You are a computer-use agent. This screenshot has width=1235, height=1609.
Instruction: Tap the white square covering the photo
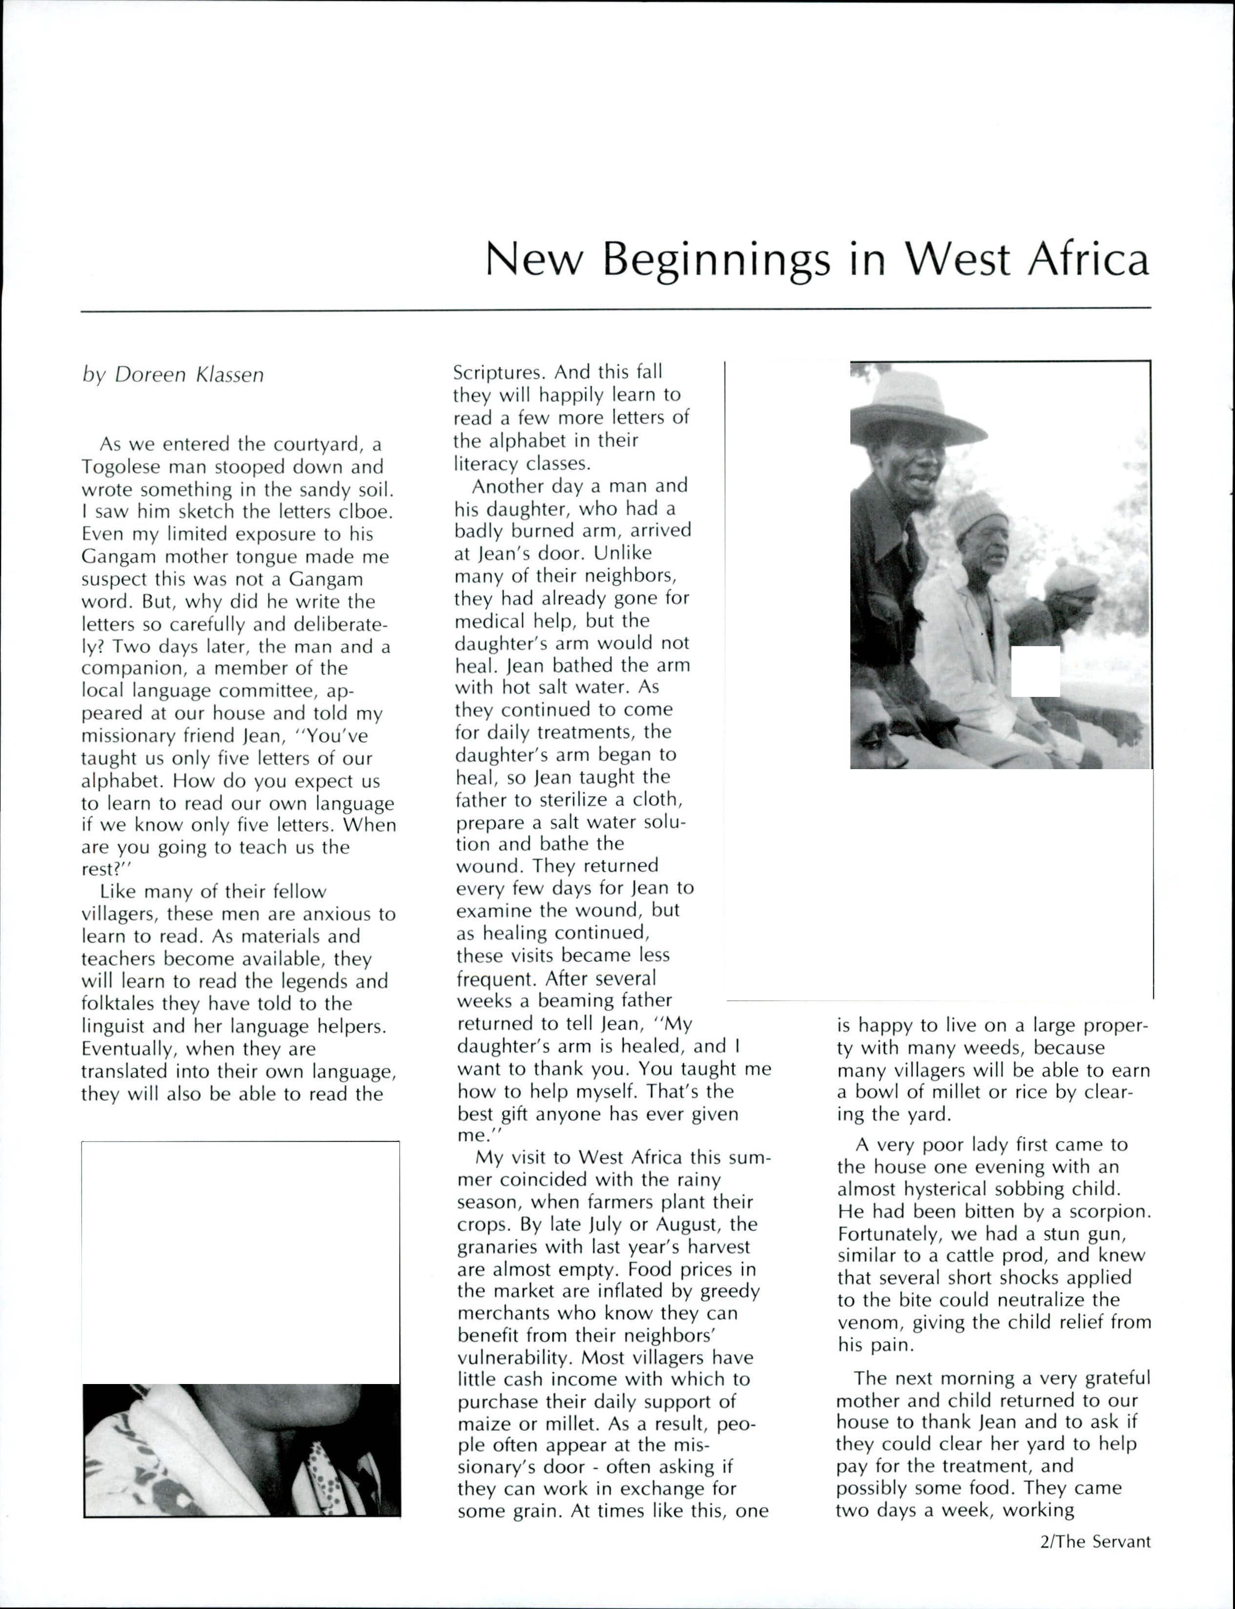point(1035,671)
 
